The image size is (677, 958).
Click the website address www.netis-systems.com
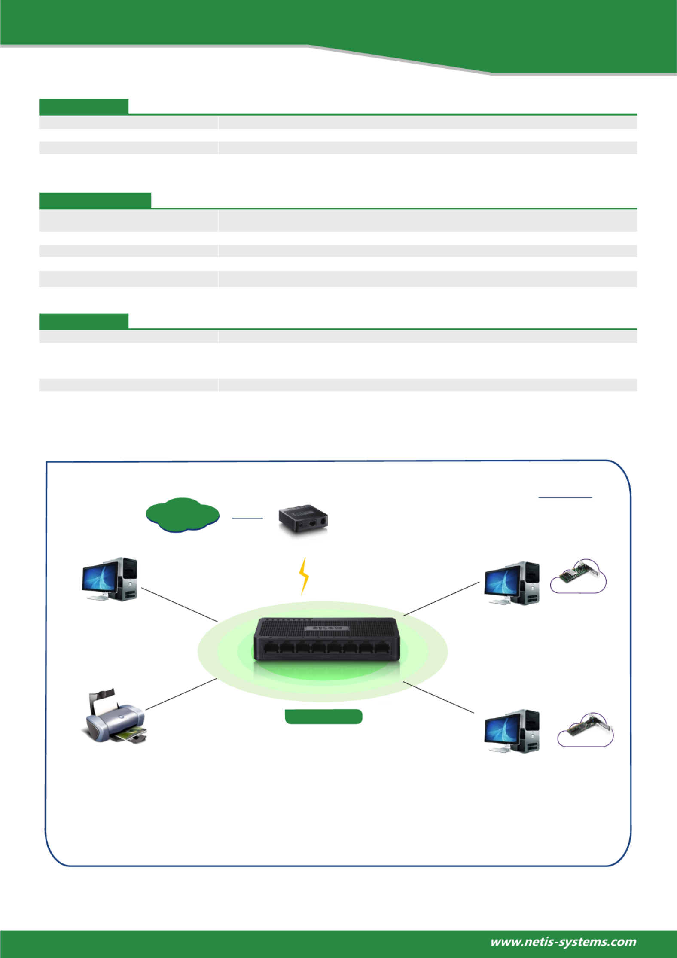coord(563,942)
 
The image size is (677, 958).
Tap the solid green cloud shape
coord(183,515)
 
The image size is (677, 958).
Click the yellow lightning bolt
coord(304,576)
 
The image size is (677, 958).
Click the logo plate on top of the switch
coord(327,628)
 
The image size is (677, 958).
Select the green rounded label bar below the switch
coord(323,717)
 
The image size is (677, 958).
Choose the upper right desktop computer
coord(512,583)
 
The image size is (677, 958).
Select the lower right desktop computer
coord(512,731)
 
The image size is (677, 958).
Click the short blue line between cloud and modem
coord(247,518)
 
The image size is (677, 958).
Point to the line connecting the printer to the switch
coord(181,694)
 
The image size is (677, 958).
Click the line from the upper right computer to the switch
coord(441,599)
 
